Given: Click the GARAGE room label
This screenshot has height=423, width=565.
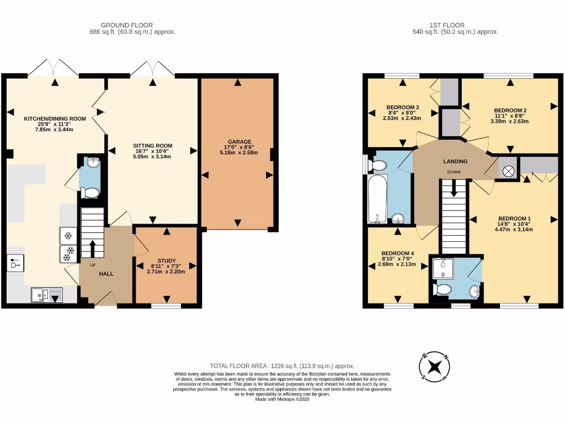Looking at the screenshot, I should click(237, 141).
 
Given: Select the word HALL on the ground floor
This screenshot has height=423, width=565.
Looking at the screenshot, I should click(106, 273).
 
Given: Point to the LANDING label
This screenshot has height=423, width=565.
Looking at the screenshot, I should click(455, 161).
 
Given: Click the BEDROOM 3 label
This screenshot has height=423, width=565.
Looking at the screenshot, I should click(403, 107).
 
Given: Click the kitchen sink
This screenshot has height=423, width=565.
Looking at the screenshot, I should click(46, 296).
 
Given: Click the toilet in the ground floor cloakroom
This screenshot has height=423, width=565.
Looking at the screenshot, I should click(89, 192).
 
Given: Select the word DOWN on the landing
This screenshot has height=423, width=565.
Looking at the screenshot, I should click(454, 172).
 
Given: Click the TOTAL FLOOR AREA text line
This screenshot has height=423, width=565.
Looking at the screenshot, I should click(282, 366).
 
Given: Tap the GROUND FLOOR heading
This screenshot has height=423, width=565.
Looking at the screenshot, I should click(126, 25).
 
